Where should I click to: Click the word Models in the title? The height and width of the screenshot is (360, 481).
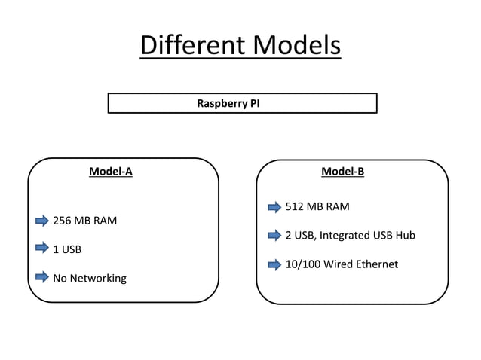(296, 45)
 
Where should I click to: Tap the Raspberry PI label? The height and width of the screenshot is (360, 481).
(228, 103)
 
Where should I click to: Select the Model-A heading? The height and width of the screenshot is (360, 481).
(111, 171)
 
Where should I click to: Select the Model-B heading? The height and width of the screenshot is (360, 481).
(342, 171)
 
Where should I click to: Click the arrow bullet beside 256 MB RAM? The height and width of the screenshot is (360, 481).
(42, 221)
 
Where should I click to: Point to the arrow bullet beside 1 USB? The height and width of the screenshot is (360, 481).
(42, 248)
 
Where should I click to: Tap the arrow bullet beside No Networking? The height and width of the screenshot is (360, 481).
(42, 277)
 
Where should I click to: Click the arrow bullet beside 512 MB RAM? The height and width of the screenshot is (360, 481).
(274, 207)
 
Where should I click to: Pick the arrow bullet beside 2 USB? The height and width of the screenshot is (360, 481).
(274, 236)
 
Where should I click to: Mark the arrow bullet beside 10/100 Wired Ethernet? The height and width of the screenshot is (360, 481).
(274, 264)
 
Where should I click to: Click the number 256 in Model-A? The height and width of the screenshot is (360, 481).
(63, 221)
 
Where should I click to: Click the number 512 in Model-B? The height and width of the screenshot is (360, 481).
(295, 207)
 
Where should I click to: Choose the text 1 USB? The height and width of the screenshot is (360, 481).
(67, 249)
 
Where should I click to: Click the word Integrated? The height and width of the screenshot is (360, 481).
(345, 236)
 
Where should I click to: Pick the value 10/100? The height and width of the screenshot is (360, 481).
(302, 264)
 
